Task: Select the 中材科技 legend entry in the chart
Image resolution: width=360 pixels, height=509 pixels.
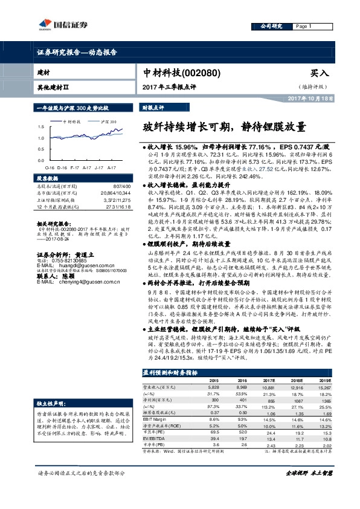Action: tap(70, 121)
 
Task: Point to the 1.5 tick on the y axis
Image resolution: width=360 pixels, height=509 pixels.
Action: tap(39, 127)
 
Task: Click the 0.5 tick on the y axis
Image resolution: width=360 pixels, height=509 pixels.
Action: tap(39, 149)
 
